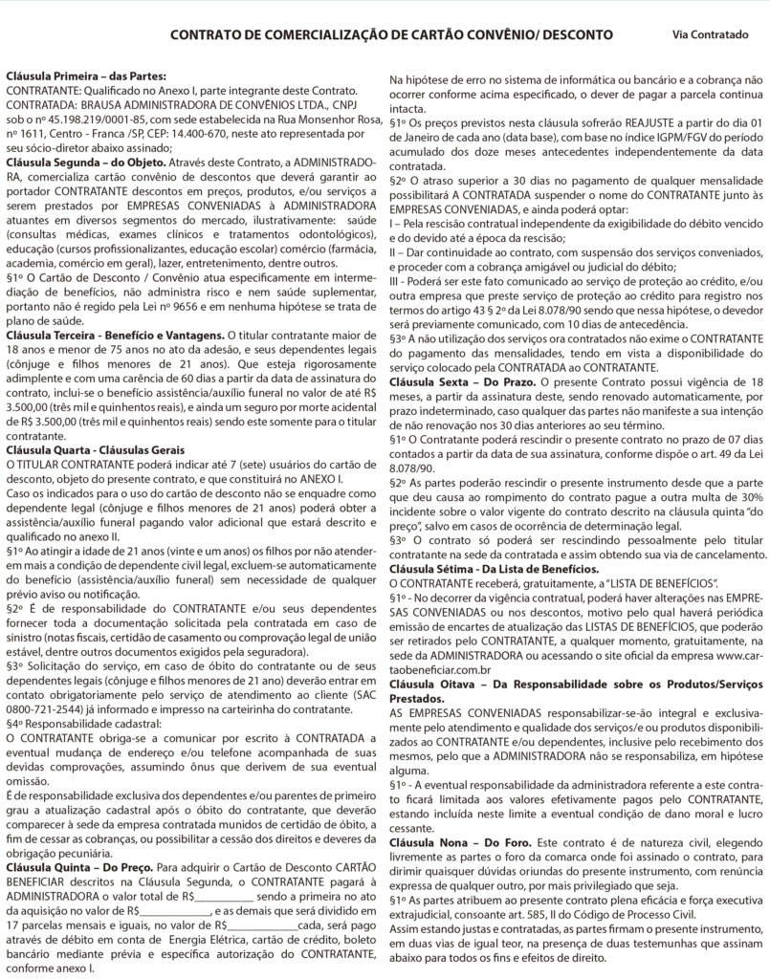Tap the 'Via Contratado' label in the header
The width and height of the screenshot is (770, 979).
(x=710, y=35)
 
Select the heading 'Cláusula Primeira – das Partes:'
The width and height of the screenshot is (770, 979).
(x=86, y=75)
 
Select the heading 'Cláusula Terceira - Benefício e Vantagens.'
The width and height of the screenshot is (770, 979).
(x=113, y=336)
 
